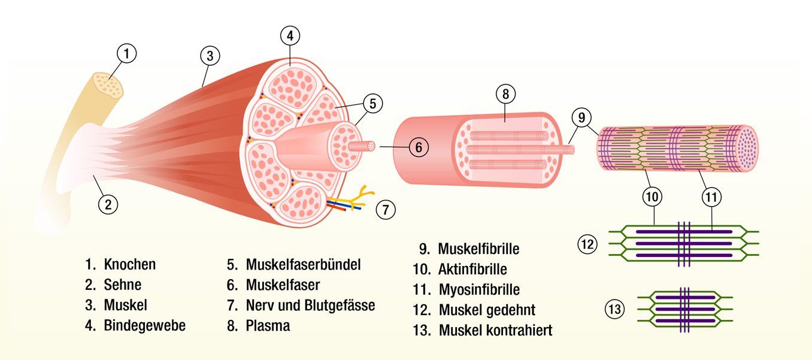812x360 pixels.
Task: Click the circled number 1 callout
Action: point(126,54)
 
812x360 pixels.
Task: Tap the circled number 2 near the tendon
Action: point(108,204)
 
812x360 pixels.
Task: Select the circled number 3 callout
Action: point(209,56)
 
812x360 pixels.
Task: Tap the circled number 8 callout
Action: point(505,93)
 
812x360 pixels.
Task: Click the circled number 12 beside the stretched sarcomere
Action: point(587,244)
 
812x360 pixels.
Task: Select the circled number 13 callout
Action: point(615,310)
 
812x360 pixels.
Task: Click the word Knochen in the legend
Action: point(130,264)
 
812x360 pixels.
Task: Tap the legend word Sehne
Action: point(123,285)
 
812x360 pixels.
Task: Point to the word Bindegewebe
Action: point(145,325)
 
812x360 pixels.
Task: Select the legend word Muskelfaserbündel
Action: point(303,264)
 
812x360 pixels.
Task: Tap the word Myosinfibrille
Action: point(479,289)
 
